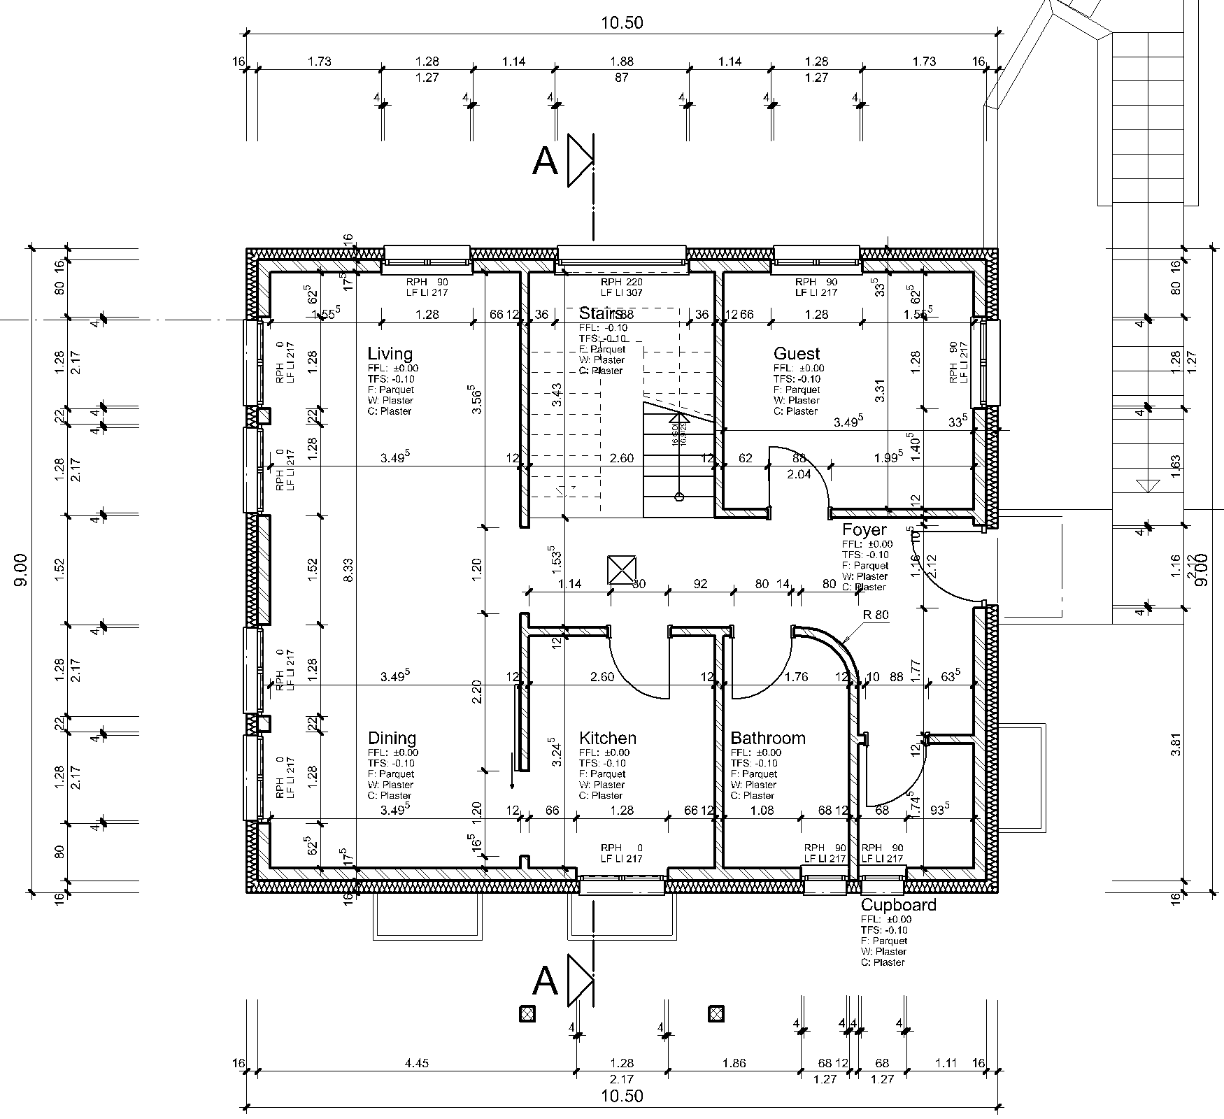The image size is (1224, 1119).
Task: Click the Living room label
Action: pos(390,354)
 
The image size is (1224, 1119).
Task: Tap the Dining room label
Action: pos(392,738)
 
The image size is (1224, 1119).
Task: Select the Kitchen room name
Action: pos(608,738)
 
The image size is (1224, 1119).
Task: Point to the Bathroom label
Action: pos(767,738)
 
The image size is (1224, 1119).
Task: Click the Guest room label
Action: pos(796,354)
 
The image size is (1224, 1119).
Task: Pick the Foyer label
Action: pos(864,529)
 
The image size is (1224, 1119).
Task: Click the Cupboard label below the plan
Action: pos(898,905)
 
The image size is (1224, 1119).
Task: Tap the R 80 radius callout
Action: pos(876,615)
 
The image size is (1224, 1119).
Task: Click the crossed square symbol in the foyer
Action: pos(622,569)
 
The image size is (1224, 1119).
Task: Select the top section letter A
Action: pos(545,162)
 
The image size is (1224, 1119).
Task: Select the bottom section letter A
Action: pos(545,981)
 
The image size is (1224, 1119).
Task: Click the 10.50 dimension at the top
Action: pos(622,23)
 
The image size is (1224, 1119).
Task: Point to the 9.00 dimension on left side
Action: pos(21,569)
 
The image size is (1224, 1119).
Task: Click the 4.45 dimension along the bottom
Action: pos(416,1063)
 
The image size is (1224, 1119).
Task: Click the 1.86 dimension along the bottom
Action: pos(733,1063)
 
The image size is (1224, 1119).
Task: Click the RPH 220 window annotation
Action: pos(621,283)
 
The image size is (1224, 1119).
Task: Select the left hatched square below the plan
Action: pos(527,1013)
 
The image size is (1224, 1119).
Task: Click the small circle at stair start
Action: pos(678,497)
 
